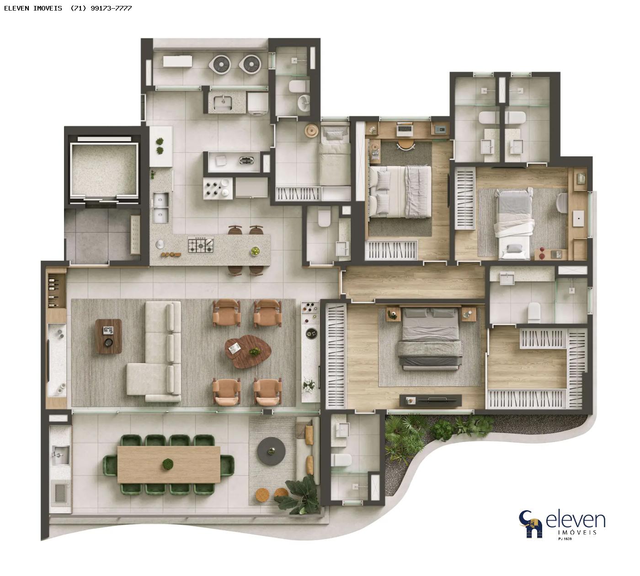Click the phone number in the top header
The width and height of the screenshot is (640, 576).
[101, 8]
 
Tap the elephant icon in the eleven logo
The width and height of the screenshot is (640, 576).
[531, 528]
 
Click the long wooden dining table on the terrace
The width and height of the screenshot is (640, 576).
[169, 464]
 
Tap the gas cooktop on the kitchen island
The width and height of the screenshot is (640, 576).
[201, 245]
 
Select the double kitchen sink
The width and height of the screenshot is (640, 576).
[160, 208]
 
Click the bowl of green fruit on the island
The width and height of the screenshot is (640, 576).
[255, 251]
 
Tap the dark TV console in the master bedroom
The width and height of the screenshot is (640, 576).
[430, 400]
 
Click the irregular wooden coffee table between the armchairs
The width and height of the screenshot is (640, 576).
[248, 351]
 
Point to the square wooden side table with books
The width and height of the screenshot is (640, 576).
[108, 336]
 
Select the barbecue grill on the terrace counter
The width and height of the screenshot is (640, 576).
[60, 493]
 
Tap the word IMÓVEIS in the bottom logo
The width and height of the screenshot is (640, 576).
[577, 533]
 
